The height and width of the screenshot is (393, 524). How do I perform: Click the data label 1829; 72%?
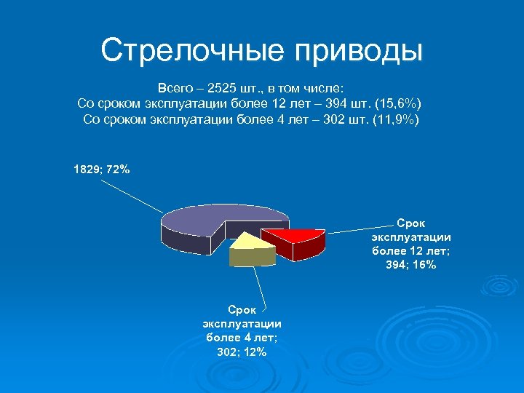coord(102,170)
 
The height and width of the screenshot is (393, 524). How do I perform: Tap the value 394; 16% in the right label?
coord(411,265)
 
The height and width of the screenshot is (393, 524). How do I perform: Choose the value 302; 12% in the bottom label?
coord(242,352)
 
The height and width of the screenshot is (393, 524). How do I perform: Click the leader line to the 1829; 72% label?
coord(131,194)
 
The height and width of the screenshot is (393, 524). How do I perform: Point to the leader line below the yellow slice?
coord(258,284)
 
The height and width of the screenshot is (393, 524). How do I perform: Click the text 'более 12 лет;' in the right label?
coord(411,251)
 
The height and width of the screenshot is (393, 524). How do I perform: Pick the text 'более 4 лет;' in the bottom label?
coord(242,338)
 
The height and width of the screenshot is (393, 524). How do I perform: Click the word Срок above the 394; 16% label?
coord(411,223)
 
